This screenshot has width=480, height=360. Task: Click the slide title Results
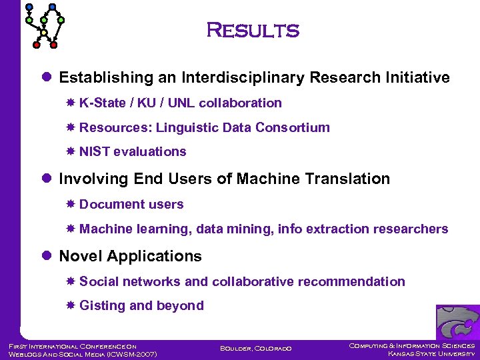[x=253, y=31]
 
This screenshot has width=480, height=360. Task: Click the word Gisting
[x=102, y=306]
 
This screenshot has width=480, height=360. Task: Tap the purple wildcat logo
[x=457, y=323]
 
